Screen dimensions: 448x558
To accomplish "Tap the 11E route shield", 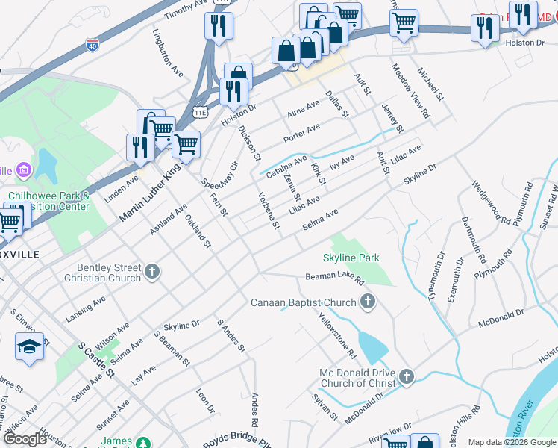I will click(200, 113).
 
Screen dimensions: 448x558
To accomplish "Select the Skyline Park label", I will click(351, 258).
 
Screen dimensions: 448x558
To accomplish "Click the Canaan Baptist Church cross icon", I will click(366, 302).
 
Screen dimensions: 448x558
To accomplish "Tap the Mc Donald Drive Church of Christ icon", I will click(406, 377).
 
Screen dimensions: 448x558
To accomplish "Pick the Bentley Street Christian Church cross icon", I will click(152, 272).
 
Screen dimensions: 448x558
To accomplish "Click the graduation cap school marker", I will click(29, 347).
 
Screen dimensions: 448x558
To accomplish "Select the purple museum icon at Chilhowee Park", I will click(23, 171).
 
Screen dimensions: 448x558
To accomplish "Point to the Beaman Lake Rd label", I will click(334, 279).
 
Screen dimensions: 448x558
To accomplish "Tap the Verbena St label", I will click(268, 210).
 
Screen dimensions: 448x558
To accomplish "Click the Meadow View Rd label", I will click(412, 90).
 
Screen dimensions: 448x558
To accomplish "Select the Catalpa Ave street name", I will click(286, 167).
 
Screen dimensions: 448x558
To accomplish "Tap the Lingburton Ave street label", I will click(168, 53).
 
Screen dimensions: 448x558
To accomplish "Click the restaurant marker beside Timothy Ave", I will click(219, 25).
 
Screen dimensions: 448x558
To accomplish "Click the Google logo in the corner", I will click(25, 439).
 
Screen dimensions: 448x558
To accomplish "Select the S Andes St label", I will click(231, 335).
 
